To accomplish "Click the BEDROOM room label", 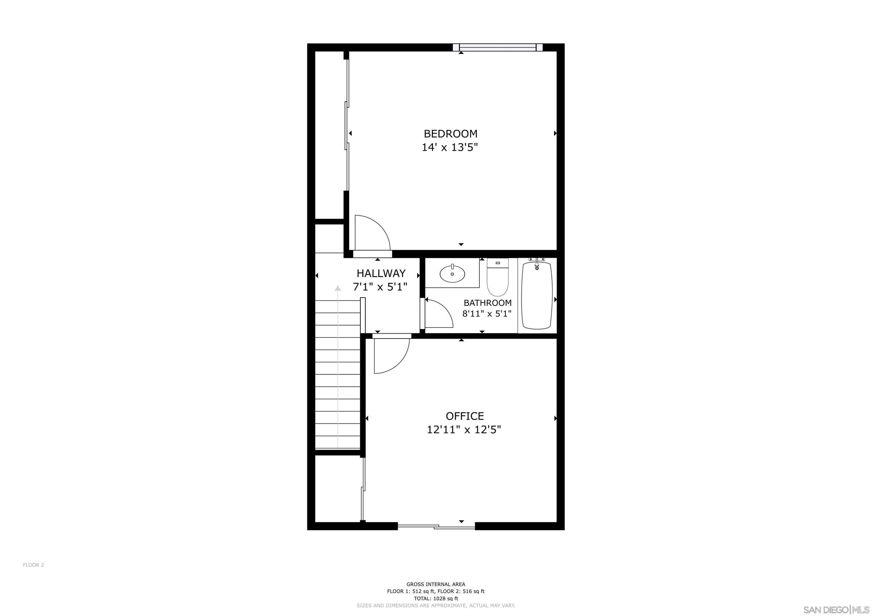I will pyautogui.click(x=450, y=134).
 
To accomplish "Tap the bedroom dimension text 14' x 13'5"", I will pyautogui.click(x=449, y=147).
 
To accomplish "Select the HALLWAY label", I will pyautogui.click(x=381, y=273).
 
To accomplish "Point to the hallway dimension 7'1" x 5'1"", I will pyautogui.click(x=380, y=287).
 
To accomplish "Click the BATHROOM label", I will pyautogui.click(x=487, y=303).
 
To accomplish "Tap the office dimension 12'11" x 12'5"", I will pyautogui.click(x=464, y=430).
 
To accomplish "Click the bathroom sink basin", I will pyautogui.click(x=452, y=273).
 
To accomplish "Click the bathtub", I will pyautogui.click(x=537, y=296).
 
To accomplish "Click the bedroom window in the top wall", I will pyautogui.click(x=498, y=47).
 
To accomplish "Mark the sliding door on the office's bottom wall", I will pyautogui.click(x=436, y=526).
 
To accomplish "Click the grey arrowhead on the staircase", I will pyautogui.click(x=338, y=288).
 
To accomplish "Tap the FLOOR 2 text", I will pyautogui.click(x=33, y=565).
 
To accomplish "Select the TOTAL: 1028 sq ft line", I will pyautogui.click(x=436, y=598).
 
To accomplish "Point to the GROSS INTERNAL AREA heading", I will pyautogui.click(x=436, y=584).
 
